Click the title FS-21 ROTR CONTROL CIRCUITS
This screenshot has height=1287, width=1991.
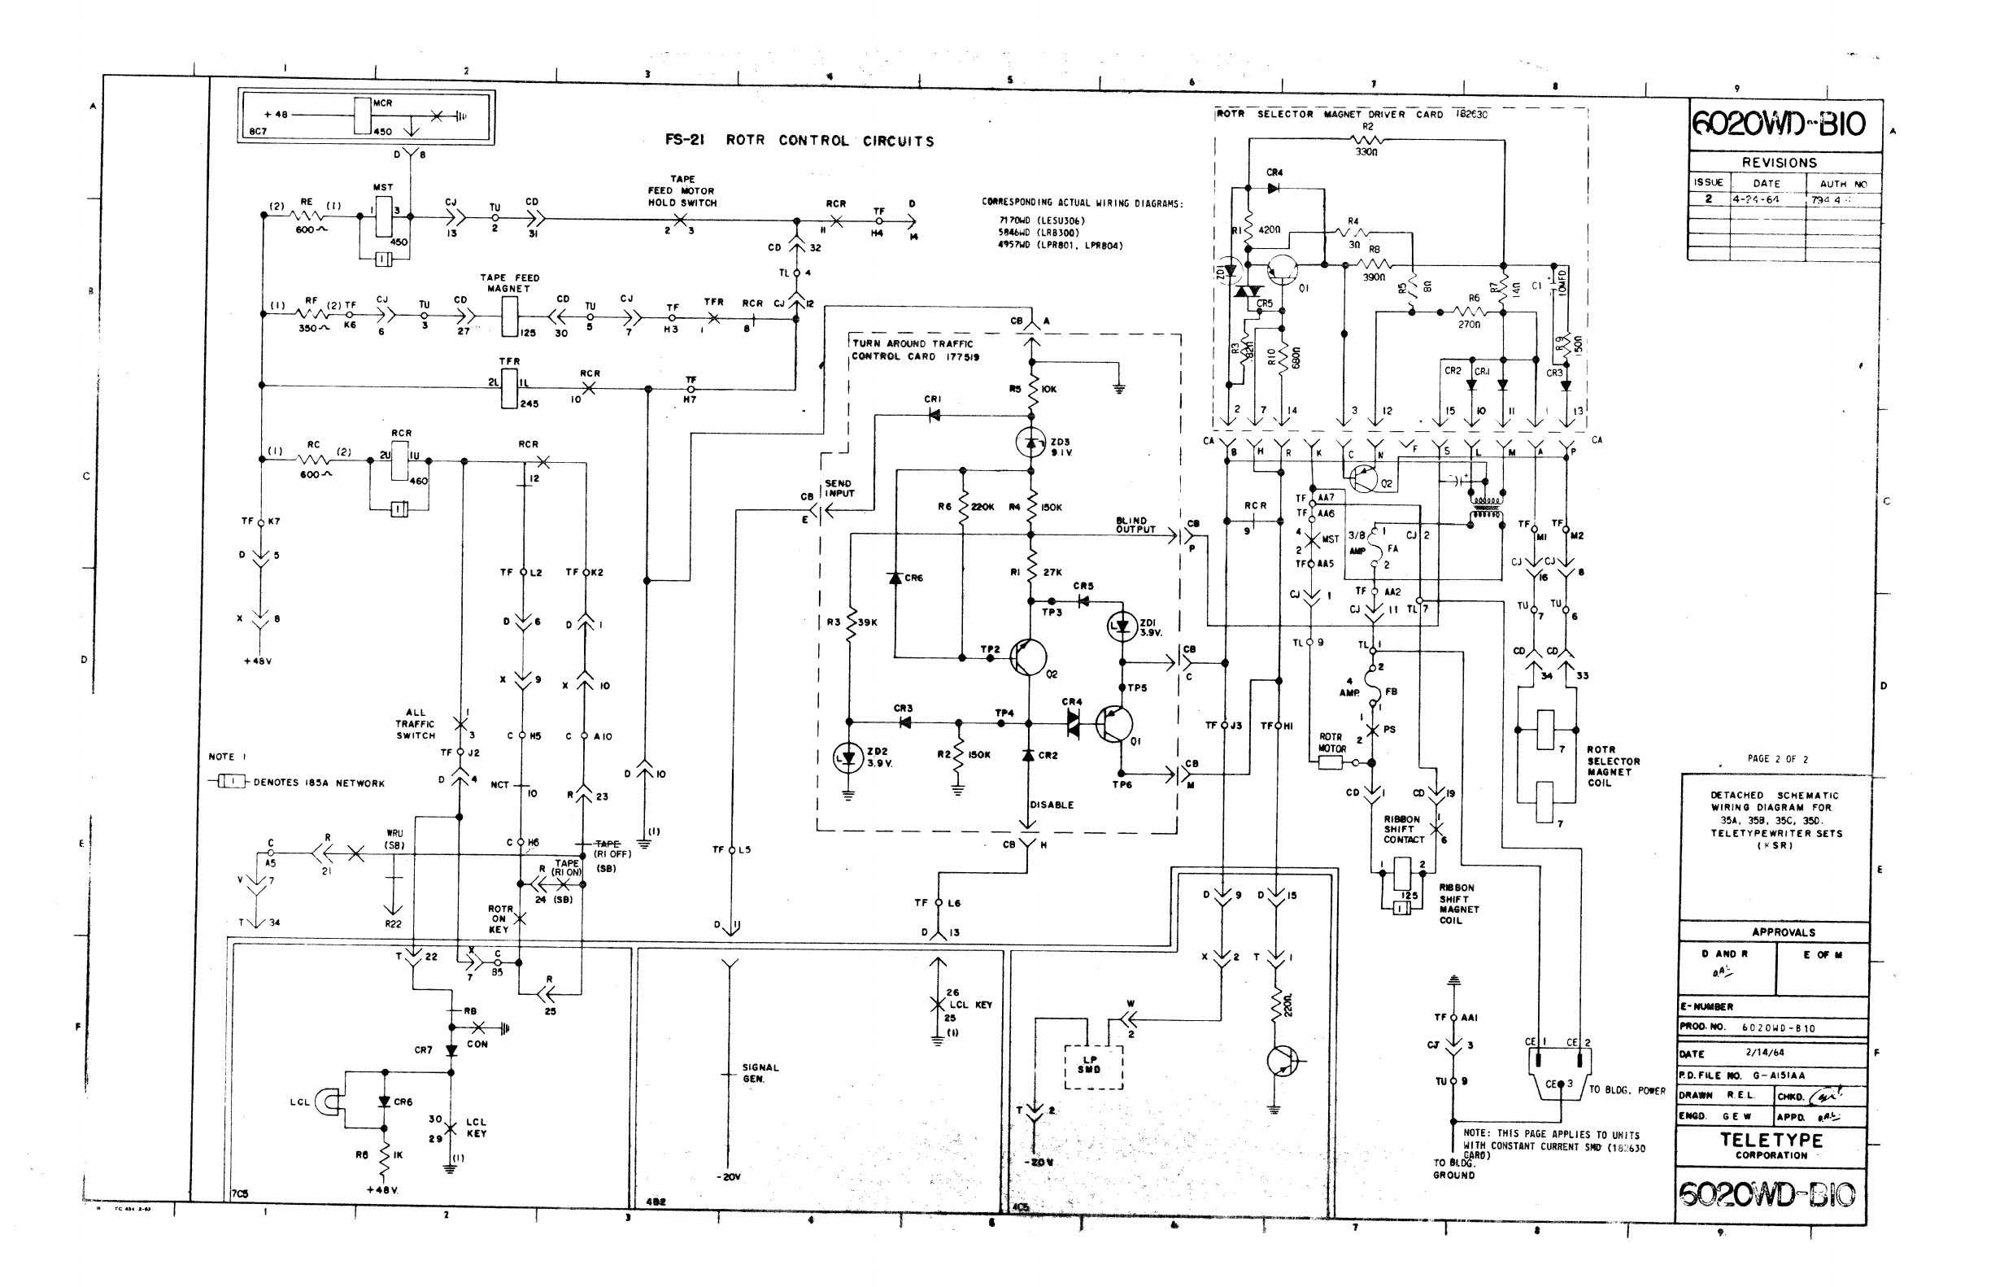(x=799, y=141)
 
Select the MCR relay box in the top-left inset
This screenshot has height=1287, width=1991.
(x=362, y=116)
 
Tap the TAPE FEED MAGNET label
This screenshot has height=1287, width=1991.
(x=509, y=282)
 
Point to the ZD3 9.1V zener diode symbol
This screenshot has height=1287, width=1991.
(x=1031, y=442)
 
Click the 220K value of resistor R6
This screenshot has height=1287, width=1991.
(x=982, y=508)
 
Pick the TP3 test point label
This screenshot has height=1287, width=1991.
(x=1051, y=613)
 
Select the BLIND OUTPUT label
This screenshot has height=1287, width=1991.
(x=1135, y=525)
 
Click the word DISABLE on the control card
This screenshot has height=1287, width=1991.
(x=1051, y=805)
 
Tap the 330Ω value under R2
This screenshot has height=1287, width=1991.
(x=1366, y=153)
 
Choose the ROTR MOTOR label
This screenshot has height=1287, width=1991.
(x=1330, y=743)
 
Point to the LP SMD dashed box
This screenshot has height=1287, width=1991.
(x=1093, y=1066)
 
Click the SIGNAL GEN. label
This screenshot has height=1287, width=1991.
(x=760, y=1073)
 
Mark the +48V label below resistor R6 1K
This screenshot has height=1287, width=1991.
(x=381, y=1189)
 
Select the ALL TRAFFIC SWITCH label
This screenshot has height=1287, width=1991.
(x=416, y=724)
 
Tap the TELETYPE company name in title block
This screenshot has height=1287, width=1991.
(x=1771, y=1141)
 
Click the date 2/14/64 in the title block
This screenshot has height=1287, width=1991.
(x=1764, y=1053)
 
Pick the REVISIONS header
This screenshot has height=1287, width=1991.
(x=1779, y=162)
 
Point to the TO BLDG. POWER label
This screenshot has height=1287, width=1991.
(x=1626, y=1090)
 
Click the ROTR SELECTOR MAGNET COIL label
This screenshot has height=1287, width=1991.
(x=1613, y=766)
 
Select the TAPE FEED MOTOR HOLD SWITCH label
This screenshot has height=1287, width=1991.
(x=682, y=190)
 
